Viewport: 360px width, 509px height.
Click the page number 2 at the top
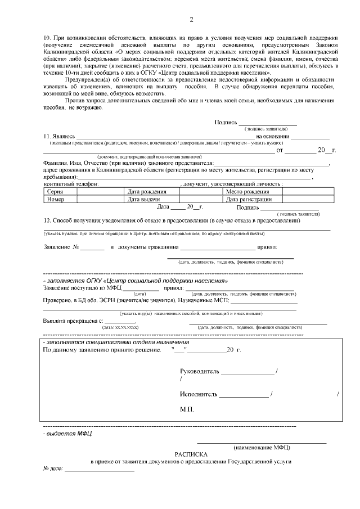[x=191, y=21]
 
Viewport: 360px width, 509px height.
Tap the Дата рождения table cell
[x=147, y=192]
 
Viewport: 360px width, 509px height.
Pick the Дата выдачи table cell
[x=145, y=199]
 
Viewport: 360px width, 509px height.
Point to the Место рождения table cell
[x=247, y=192]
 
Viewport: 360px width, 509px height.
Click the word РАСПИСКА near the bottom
[x=191, y=453]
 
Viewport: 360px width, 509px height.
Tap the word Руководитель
[x=200, y=372]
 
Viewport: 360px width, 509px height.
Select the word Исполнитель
[x=199, y=394]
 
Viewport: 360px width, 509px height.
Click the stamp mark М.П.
[x=187, y=410]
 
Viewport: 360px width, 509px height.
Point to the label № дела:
[x=53, y=469]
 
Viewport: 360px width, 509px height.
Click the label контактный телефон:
[x=71, y=184]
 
